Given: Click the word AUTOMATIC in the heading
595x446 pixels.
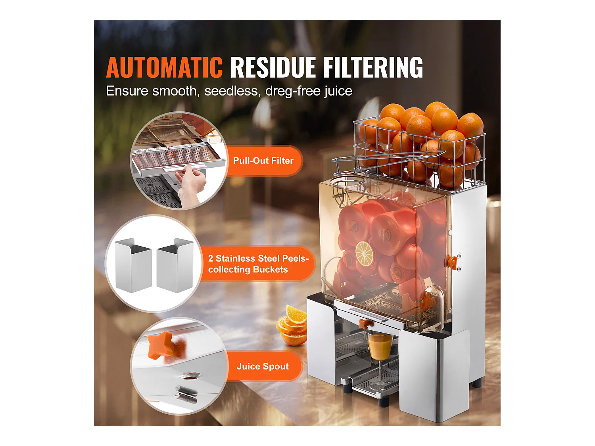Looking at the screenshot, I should (164, 67).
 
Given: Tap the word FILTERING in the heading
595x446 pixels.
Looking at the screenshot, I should (373, 67).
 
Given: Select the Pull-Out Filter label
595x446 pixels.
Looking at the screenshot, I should (263, 161).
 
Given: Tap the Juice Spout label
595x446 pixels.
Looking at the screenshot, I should (263, 366).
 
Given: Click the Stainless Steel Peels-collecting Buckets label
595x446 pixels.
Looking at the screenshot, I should (258, 264).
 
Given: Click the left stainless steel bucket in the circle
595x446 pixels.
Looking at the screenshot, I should (132, 265).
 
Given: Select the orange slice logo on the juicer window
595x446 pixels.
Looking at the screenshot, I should (364, 253).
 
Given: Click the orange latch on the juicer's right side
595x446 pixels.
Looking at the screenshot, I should (453, 262).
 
